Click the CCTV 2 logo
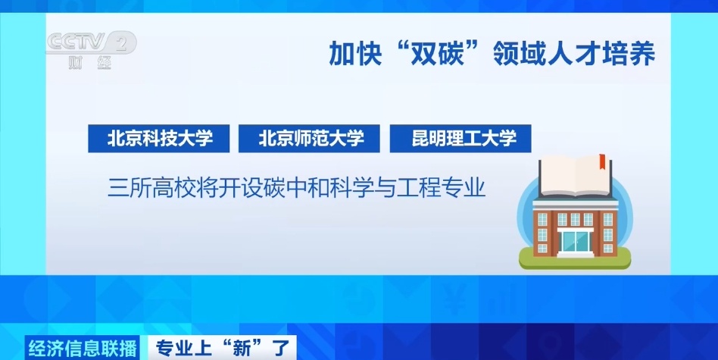(89, 44)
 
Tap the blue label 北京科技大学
(159, 139)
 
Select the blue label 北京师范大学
(311, 139)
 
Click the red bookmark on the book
(602, 161)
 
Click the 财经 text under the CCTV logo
(89, 64)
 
